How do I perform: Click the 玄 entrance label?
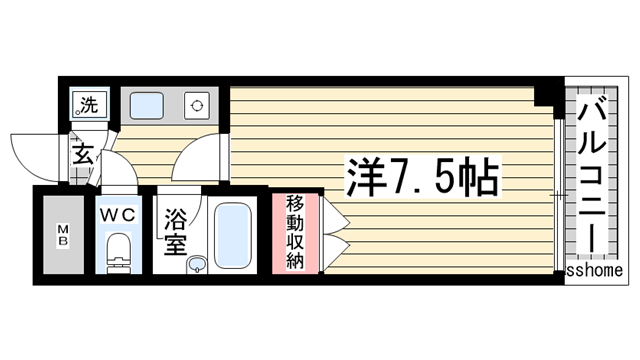pyautogui.click(x=81, y=155)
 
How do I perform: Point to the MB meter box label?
pyautogui.click(x=62, y=237)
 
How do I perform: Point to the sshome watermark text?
pyautogui.click(x=595, y=270)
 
